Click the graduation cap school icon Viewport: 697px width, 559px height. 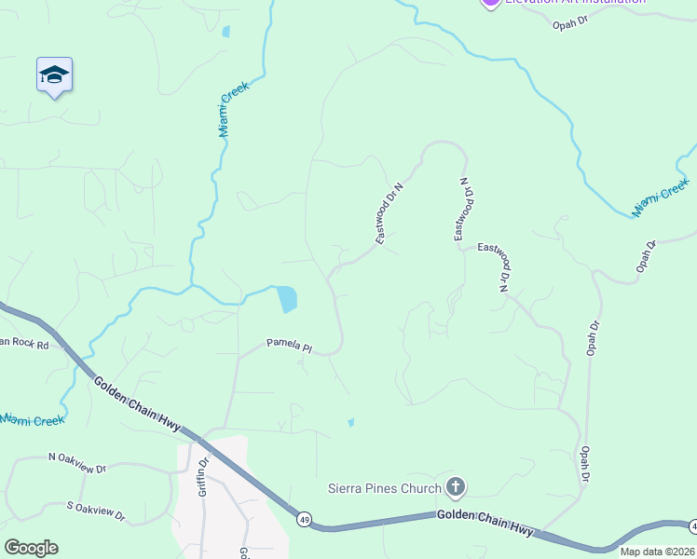pos(54,75)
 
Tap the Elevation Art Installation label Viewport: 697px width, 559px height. pos(575,2)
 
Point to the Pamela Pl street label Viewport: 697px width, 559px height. pos(289,346)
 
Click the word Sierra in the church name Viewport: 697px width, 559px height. pos(347,487)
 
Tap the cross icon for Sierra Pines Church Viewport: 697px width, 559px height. pos(455,486)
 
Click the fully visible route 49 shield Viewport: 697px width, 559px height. pos(304,517)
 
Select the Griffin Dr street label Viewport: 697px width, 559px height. pos(202,474)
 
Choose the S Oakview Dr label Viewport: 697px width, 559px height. pos(96,511)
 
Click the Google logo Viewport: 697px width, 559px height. pos(31,548)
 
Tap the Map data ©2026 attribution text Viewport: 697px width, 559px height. pos(657,552)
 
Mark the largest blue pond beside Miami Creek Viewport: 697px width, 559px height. pos(286,299)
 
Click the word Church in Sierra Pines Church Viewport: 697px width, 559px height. pos(421,487)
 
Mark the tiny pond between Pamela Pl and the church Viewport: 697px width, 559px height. pos(350,422)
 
